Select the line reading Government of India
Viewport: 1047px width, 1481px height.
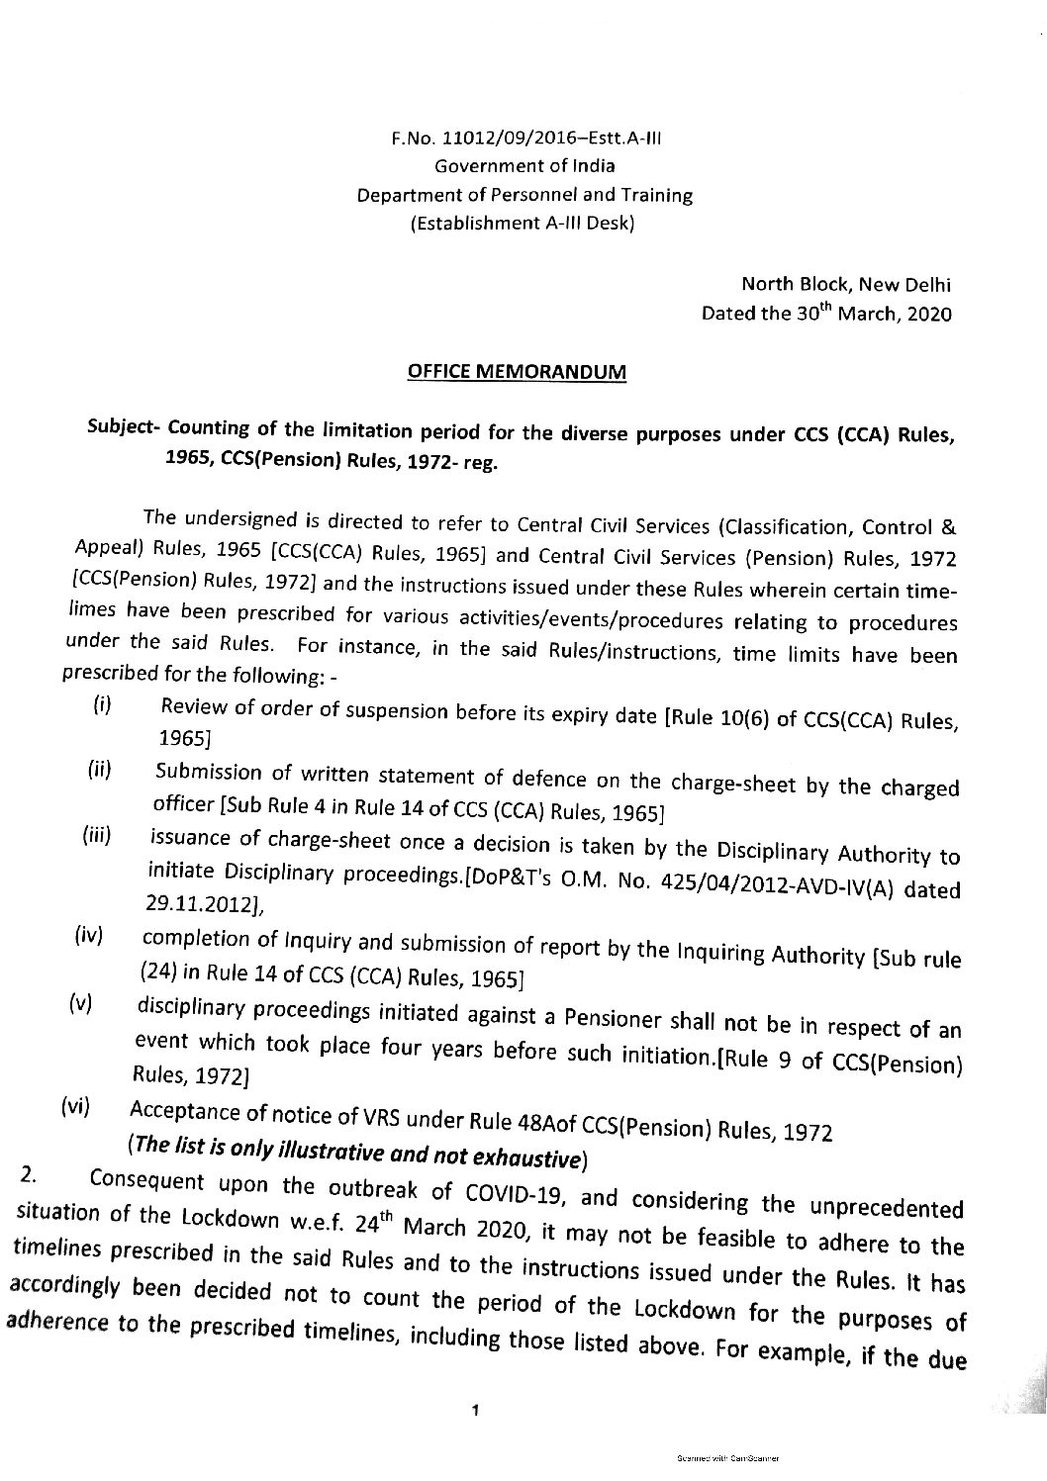click(x=523, y=167)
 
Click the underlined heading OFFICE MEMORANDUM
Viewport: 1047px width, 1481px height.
click(x=518, y=372)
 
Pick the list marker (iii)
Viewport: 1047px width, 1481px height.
click(x=96, y=836)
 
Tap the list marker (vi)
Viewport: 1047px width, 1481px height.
click(x=75, y=1107)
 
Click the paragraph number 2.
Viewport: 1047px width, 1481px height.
click(x=29, y=1174)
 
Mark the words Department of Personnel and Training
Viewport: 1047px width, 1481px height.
click(x=523, y=195)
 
